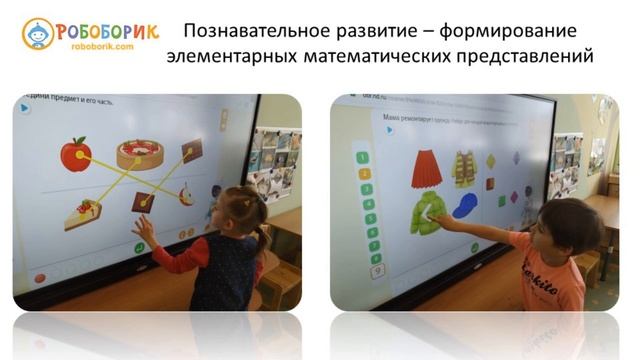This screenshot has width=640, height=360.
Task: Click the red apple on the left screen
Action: pyautogui.click(x=75, y=154)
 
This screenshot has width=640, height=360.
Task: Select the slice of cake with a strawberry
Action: pyautogui.click(x=84, y=213)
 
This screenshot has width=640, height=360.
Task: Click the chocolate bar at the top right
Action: pyautogui.click(x=192, y=151)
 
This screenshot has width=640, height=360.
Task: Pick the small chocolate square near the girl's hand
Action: pyautogui.click(x=143, y=202)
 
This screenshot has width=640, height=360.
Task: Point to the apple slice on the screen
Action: pyautogui.click(x=186, y=194)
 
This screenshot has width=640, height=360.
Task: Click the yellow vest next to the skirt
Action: pyautogui.click(x=464, y=168)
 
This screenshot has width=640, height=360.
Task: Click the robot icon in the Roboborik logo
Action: pyautogui.click(x=38, y=34)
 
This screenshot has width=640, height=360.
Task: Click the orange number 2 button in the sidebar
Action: pyautogui.click(x=365, y=172)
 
